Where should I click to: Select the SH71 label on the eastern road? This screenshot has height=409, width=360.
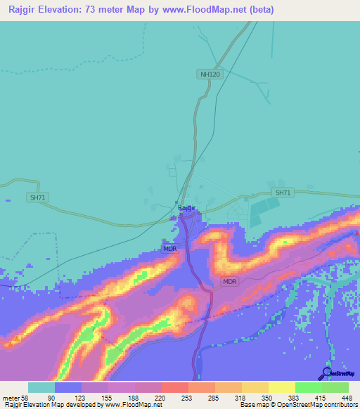click(x=282, y=193)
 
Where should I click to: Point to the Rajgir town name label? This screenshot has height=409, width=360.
click(x=185, y=208)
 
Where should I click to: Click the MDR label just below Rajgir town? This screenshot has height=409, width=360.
click(x=170, y=249)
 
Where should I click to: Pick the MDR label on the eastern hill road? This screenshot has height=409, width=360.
click(x=230, y=281)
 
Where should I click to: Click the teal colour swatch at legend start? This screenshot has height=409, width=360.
click(x=41, y=387)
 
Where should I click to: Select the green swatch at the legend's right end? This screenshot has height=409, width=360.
click(x=335, y=387)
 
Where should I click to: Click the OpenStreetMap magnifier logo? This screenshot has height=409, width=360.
click(x=326, y=373)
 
